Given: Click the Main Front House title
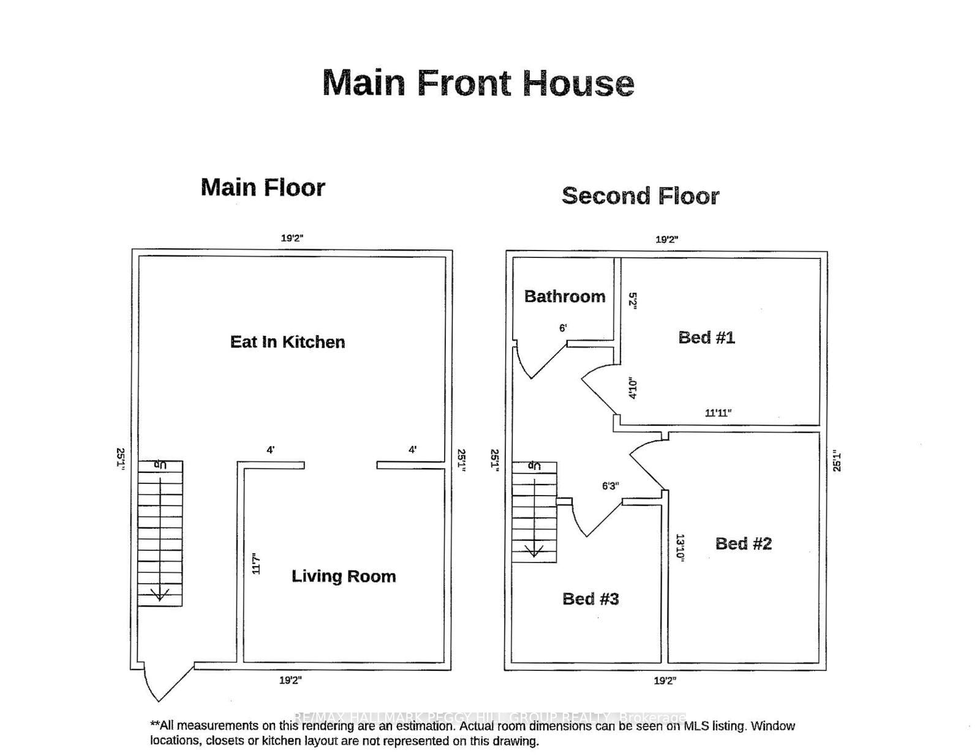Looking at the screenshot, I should pos(478,83).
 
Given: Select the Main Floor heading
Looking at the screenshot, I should pos(263,187).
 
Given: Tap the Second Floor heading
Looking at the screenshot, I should pos(640,196).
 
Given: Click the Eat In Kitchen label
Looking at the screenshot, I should pos(287,342).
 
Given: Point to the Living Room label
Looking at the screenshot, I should pos(343,576).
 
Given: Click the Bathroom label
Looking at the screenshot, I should pos(564,297).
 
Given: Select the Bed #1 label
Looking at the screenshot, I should pos(706,338).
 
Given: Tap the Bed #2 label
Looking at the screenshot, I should pos(744,543).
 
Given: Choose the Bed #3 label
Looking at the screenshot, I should pos(590,599).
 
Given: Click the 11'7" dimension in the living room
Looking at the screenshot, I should pos(256,564).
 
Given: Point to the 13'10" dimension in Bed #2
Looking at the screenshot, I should pos(680,547).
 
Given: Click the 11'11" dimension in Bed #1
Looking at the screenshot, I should pos(718,413).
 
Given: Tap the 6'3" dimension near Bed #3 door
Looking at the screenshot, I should pos(610,486).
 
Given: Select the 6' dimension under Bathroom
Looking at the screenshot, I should pos(563,328).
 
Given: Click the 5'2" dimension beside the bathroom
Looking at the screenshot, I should pos(633,300).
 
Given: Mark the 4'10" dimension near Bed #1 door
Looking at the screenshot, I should pos(633,388).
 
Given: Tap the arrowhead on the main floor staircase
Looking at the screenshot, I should pos(160,594).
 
